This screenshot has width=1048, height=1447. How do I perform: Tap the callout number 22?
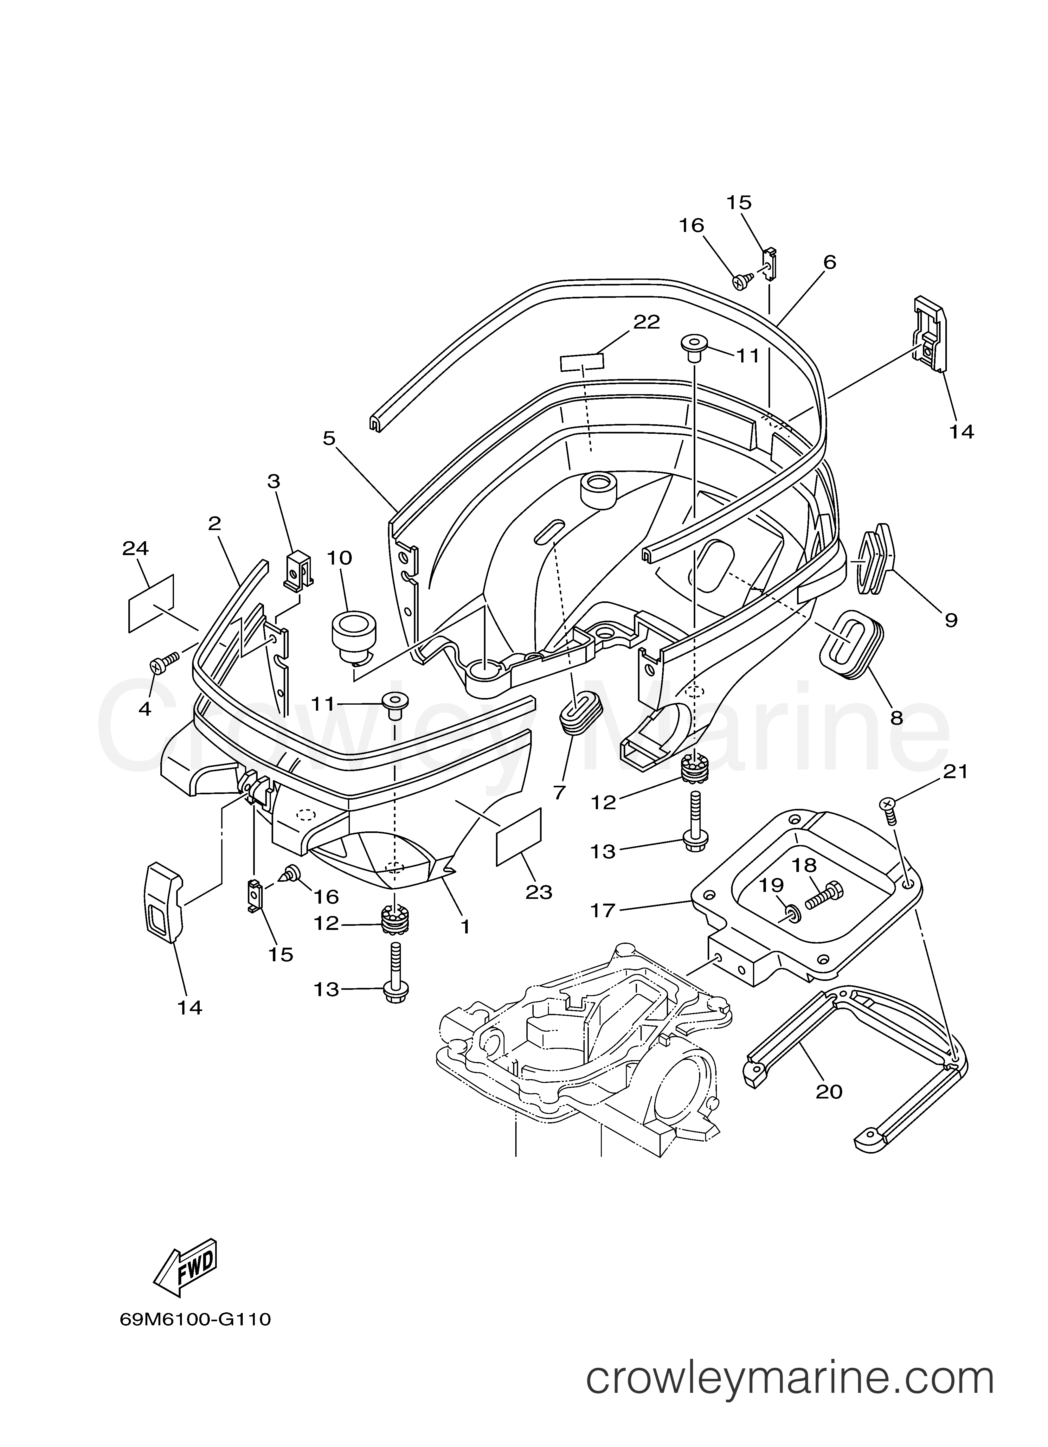(x=646, y=322)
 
